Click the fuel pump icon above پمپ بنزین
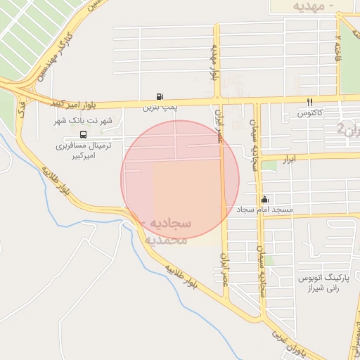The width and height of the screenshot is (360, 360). tap(161, 97)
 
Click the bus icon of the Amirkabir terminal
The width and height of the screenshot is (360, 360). tap(84, 134)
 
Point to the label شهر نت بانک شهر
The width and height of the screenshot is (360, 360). tap(84, 122)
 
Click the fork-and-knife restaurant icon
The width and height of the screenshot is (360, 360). tap(309, 102)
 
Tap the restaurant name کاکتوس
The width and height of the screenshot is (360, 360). tap(309, 113)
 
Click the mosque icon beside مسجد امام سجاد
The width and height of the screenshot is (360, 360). tap(264, 198)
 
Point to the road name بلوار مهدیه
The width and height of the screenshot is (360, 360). tap(215, 63)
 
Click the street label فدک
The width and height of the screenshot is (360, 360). tap(19, 110)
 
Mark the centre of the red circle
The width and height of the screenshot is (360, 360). tap(180, 180)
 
